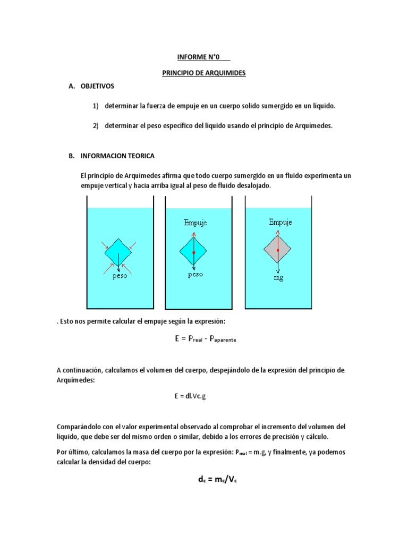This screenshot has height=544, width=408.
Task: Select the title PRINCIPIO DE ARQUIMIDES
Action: tap(203, 73)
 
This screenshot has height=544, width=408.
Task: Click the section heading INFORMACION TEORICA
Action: tap(117, 156)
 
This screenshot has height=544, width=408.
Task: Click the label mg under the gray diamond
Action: tap(278, 277)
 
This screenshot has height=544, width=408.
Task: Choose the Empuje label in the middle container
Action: tap(194, 223)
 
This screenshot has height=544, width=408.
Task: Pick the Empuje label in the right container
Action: tap(280, 222)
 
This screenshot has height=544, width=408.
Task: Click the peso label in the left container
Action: tap(120, 277)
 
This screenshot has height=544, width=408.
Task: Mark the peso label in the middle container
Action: tap(195, 275)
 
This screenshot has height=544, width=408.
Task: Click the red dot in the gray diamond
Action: tap(278, 249)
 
